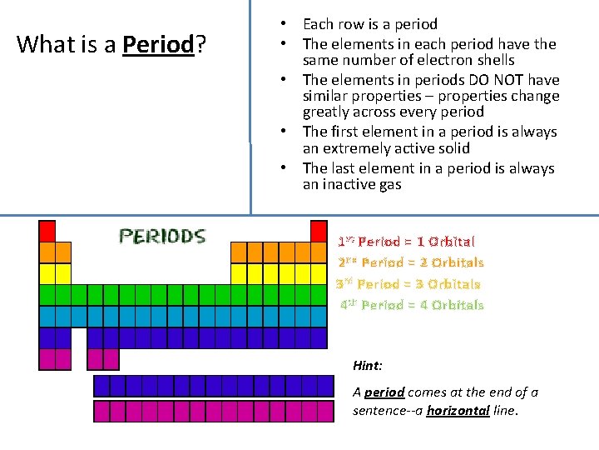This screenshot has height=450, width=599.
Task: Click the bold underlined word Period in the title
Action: point(157,44)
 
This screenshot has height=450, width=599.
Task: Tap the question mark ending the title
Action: point(200,44)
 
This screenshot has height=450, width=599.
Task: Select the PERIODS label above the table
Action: point(161,237)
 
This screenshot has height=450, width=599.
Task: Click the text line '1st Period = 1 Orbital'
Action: point(406,242)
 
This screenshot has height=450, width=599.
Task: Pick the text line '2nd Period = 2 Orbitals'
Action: point(410,262)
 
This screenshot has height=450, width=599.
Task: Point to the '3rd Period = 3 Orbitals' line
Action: point(408,284)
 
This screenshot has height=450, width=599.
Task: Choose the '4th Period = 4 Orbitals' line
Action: point(412,305)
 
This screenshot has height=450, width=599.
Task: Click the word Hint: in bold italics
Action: point(368,365)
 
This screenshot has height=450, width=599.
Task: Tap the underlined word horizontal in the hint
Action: point(457,410)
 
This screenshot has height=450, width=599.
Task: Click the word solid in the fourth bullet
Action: point(453,148)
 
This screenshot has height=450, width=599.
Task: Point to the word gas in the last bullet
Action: point(389,185)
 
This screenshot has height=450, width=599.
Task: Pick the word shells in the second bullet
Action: point(496,60)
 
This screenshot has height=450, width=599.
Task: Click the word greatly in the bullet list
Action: point(326,112)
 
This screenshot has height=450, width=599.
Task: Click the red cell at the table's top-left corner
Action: point(47,231)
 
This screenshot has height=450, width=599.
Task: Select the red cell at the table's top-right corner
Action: point(319,231)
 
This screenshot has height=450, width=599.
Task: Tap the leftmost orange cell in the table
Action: point(47,252)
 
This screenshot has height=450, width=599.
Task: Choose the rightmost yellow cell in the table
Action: point(319,273)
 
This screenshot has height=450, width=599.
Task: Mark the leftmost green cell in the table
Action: point(47,295)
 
